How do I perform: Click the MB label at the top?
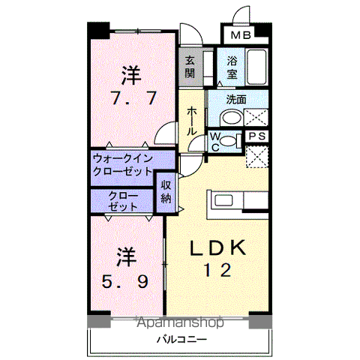[x=241, y=35]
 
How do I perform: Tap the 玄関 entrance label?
[x=190, y=67]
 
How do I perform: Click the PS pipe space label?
[x=256, y=136]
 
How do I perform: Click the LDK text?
[x=217, y=247]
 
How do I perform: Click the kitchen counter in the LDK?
[x=239, y=200]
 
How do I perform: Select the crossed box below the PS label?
[x=256, y=156]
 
